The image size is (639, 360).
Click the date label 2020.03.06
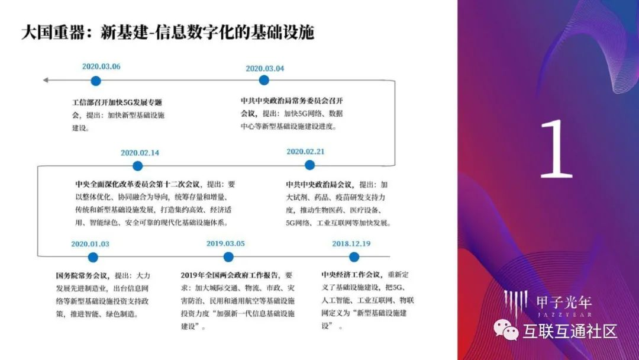(101, 66)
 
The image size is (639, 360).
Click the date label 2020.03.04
(264, 68)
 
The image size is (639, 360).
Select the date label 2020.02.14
(140, 152)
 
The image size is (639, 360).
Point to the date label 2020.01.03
(91, 243)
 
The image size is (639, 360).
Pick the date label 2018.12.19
(351, 243)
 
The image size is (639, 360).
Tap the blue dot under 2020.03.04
(264, 80)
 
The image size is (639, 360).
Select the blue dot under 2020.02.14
(138, 166)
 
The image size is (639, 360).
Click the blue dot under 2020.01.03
(93, 257)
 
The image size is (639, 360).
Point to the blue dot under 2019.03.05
(228, 257)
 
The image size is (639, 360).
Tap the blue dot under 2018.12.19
(354, 257)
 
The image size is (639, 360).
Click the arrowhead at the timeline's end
(46, 80)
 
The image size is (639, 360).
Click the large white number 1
(556, 150)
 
